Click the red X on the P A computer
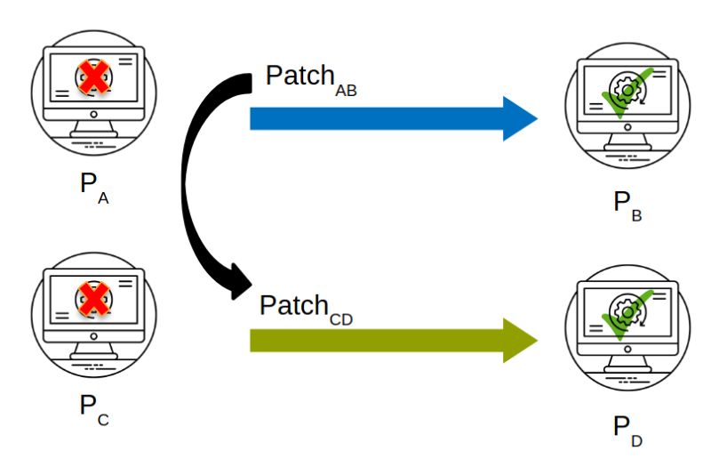coord(92,78)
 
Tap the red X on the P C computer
coord(92,299)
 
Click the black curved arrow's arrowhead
coord(238,283)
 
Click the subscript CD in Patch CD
coord(340,318)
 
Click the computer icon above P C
coord(92,316)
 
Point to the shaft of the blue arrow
coord(373,118)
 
